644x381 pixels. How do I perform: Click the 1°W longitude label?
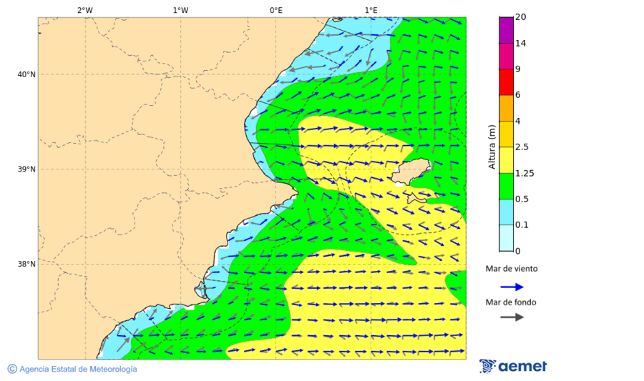coord(180,10)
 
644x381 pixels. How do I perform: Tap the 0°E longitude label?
coord(275,10)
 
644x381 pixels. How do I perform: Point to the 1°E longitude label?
coord(371,10)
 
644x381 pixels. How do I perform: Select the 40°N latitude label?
coord(26,74)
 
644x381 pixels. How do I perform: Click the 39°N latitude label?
coord(26,169)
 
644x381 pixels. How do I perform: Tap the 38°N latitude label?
coord(26,264)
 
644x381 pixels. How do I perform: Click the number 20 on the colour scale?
coord(520,17)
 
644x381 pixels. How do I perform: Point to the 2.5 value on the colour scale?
coord(522,147)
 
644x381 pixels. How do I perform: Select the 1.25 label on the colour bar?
coord(525,173)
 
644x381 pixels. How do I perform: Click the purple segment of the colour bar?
coord(506,30)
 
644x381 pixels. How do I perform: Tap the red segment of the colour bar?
coord(506,82)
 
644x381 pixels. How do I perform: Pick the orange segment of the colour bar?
coord(506,108)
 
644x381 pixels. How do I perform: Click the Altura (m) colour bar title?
coord(492,147)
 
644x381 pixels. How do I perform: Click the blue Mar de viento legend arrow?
coord(512,287)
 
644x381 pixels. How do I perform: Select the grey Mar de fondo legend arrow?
coord(512,317)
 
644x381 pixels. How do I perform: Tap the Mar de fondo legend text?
coord(511,302)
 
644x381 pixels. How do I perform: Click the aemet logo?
coord(513,366)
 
